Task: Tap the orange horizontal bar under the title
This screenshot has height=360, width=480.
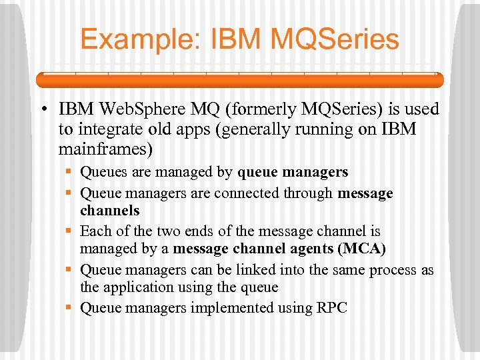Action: point(239,79)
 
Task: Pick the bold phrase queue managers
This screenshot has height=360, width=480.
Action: point(293,172)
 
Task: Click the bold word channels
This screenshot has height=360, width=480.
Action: point(110,211)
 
